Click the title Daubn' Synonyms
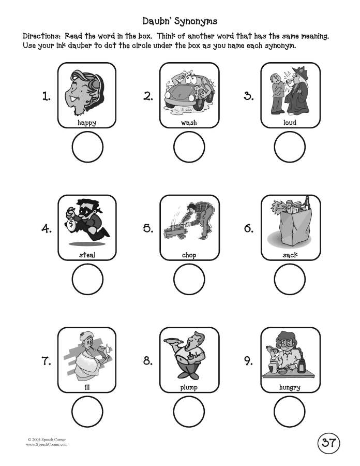(x=179, y=21)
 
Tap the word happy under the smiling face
(x=87, y=123)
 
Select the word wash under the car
(x=189, y=123)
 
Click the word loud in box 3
(x=290, y=123)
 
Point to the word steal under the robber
(x=87, y=255)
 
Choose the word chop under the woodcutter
(x=189, y=255)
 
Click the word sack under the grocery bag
(x=290, y=255)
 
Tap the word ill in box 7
(x=87, y=387)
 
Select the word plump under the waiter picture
(x=189, y=387)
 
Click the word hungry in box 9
(x=290, y=387)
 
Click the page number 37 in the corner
(x=328, y=443)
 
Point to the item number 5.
(x=148, y=228)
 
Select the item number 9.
(x=248, y=361)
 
